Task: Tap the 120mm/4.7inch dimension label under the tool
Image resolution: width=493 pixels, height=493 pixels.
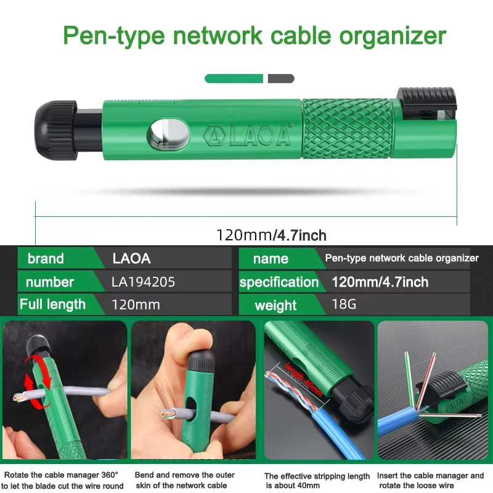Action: tap(271, 235)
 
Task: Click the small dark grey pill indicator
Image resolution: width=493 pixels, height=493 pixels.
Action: tap(281, 78)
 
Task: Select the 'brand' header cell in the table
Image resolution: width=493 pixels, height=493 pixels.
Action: tap(46, 258)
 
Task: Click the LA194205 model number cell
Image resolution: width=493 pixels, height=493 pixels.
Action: tap(144, 282)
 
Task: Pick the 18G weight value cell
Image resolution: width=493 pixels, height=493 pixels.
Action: tap(344, 304)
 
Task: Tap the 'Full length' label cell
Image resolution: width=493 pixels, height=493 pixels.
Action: tap(52, 304)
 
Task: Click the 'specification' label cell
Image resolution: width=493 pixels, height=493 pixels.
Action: tap(279, 282)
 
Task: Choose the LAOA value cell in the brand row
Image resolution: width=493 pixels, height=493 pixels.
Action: tap(132, 258)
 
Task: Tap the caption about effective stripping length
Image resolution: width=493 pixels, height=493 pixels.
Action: tap(317, 481)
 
